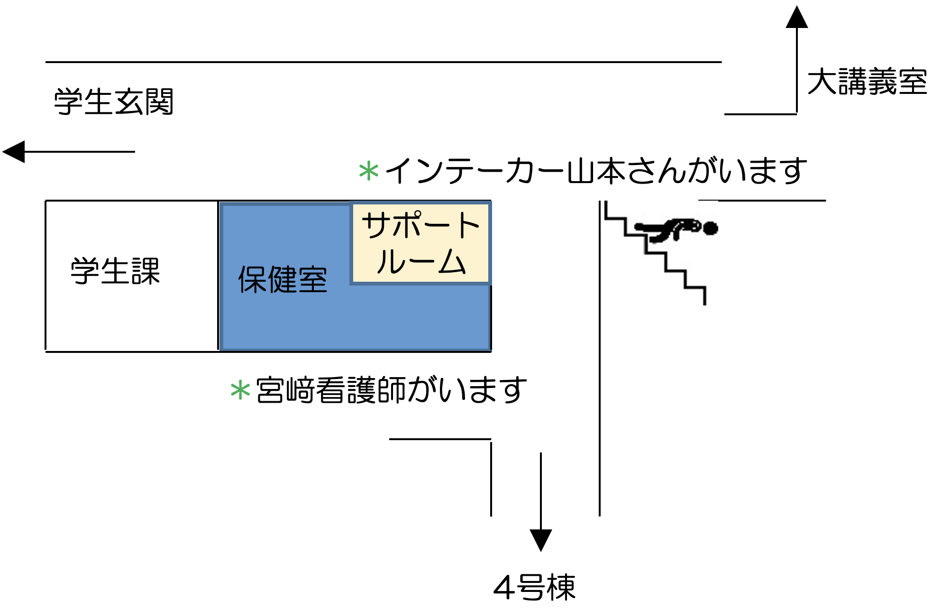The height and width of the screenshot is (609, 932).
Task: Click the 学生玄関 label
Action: pos(114,101)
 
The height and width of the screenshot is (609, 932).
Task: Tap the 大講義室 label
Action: pos(867,82)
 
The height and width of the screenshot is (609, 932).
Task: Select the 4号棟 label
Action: pos(534,587)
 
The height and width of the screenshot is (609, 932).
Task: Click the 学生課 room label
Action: pos(115,271)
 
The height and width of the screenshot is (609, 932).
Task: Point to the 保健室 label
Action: pos(283,279)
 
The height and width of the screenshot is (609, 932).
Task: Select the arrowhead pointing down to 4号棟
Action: pos(541,540)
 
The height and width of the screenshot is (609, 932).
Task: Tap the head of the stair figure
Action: pos(710,229)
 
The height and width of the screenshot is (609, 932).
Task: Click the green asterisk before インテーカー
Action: pos(369,171)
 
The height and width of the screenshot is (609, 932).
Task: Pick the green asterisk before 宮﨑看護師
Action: pos(240,391)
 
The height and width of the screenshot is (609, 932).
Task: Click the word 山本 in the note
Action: pos(596,171)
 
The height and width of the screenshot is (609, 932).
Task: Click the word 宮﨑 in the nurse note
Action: pos(285,390)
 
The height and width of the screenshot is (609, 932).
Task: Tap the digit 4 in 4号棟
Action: pos(503,588)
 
